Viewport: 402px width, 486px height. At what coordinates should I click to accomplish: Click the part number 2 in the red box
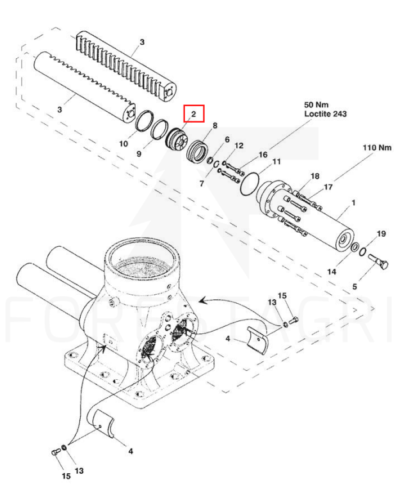194,114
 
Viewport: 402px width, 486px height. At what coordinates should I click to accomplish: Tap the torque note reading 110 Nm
377,148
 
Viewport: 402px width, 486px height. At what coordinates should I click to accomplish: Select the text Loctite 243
325,114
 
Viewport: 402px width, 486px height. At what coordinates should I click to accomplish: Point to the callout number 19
382,233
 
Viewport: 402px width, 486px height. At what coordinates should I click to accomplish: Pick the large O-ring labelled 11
250,184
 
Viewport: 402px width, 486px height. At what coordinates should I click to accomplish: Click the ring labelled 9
159,129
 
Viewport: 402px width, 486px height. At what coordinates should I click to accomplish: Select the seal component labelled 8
198,152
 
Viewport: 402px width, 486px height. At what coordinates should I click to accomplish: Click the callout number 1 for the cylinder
353,203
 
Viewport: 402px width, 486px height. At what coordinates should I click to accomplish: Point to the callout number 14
332,272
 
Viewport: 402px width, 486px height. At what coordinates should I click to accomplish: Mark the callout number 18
315,176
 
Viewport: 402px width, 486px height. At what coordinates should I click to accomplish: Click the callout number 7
202,184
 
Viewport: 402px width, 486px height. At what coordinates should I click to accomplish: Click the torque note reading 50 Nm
316,105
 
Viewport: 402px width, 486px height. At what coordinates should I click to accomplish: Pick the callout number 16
262,154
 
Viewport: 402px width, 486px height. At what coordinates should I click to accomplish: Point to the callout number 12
239,146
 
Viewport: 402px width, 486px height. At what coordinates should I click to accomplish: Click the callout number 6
227,139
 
